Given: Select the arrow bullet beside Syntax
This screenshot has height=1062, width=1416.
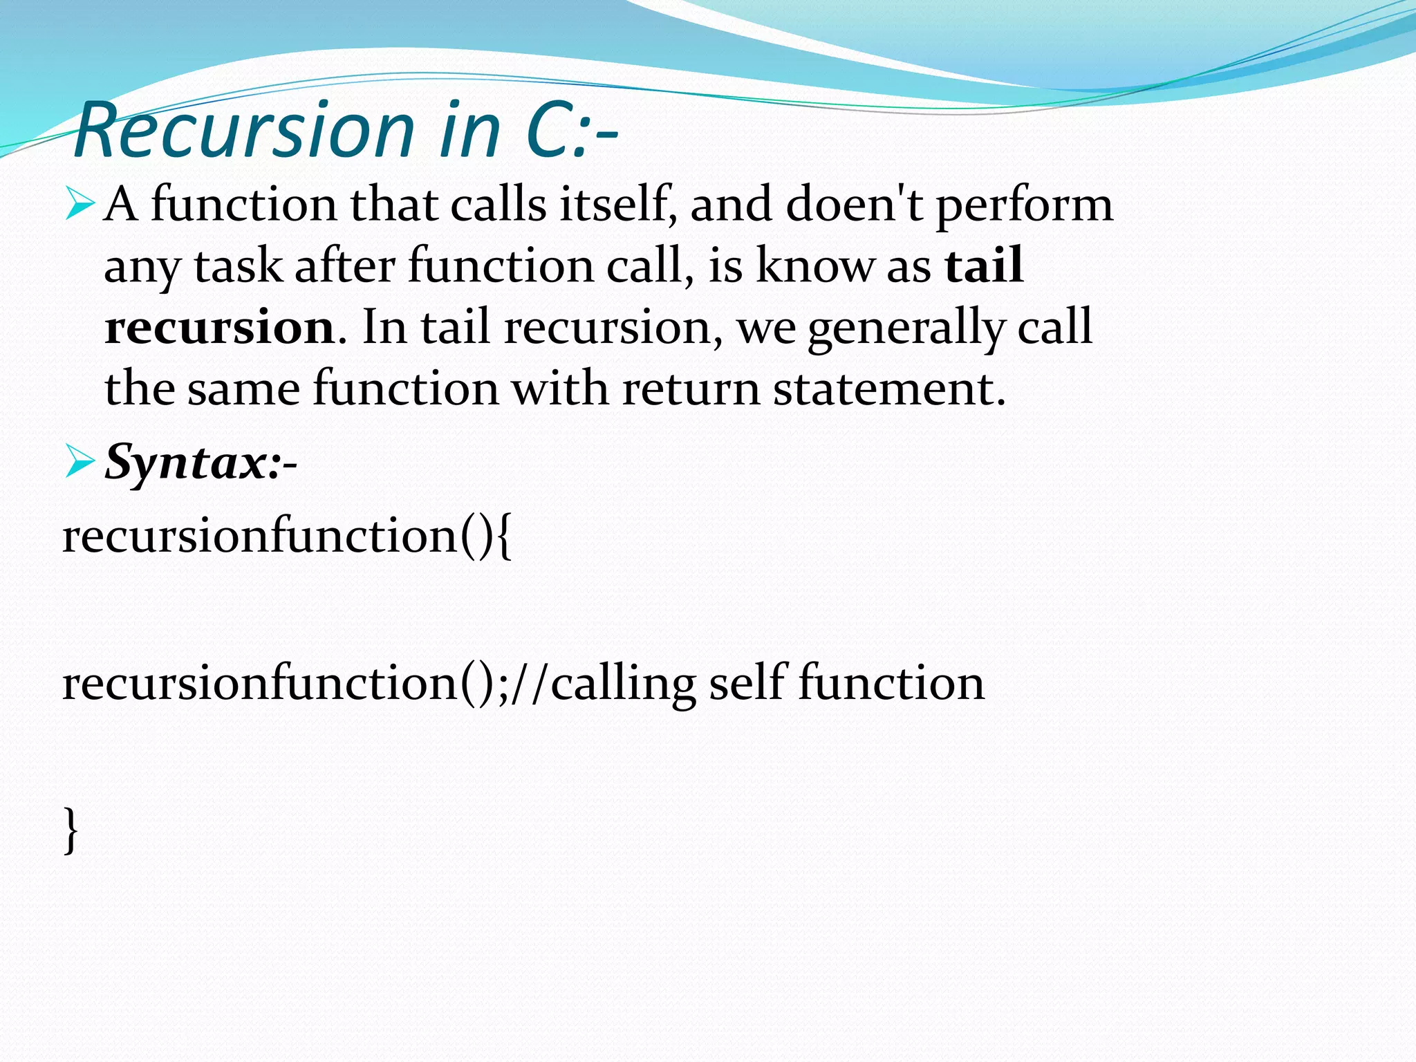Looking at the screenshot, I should coord(79,463).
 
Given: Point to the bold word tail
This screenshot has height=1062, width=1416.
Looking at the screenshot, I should coord(984,266).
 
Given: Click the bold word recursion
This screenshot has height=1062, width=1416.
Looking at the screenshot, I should coord(220,327).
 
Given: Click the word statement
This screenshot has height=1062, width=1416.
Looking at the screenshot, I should coord(888,389).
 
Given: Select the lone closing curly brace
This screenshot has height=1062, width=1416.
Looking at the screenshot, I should coord(71,830).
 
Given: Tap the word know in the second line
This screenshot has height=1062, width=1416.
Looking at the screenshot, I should coord(815,266).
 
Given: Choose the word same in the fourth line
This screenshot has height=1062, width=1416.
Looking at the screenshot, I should coord(243,389).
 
